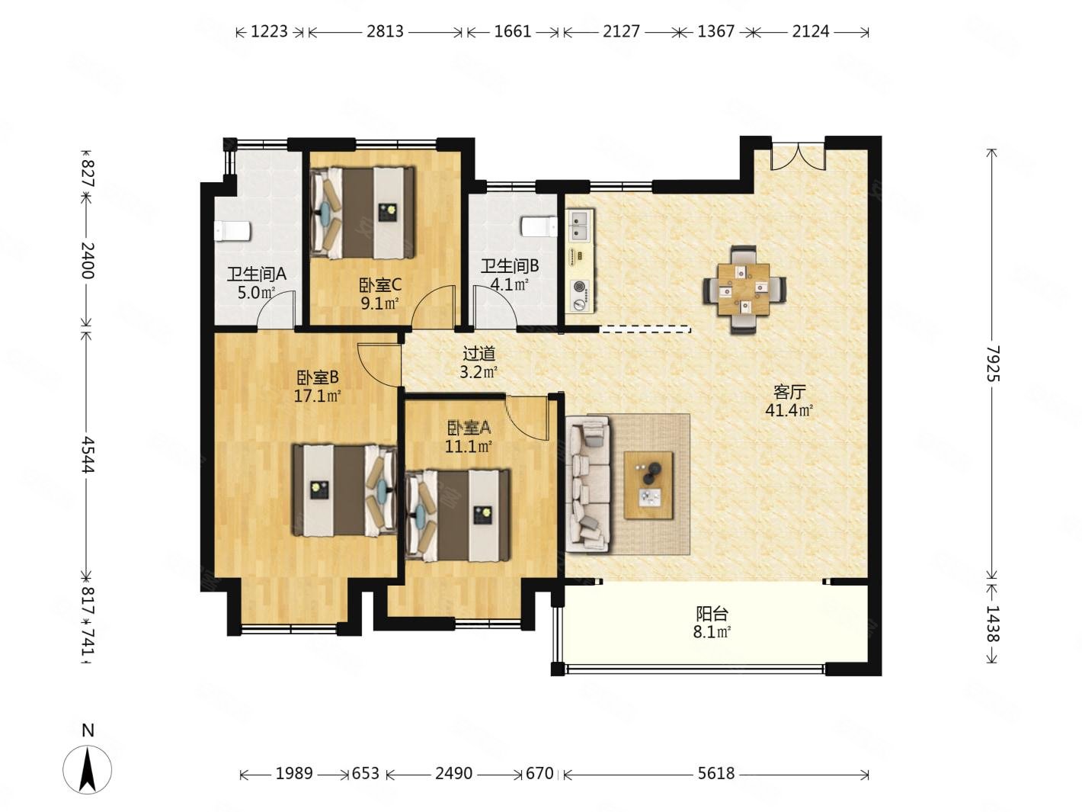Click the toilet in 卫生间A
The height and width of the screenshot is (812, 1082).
tap(232, 231)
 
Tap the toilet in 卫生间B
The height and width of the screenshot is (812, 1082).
tap(539, 226)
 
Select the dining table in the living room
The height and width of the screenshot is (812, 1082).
tap(743, 289)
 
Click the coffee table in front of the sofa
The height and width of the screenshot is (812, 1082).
tap(648, 485)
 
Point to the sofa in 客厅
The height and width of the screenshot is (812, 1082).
tap(587, 483)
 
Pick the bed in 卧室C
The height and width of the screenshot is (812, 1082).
tap(363, 213)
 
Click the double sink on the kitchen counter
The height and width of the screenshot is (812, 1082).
tap(580, 226)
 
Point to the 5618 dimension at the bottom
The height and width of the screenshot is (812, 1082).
tap(715, 773)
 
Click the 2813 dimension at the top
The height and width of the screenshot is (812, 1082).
tap(385, 31)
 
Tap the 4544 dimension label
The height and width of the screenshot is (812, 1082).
tap(87, 454)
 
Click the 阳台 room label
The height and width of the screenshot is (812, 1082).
tap(712, 614)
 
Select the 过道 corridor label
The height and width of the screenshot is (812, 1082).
tap(479, 353)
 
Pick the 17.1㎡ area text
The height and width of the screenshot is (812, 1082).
tap(318, 396)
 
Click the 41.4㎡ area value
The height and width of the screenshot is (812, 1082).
tap(789, 409)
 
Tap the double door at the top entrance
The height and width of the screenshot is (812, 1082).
tap(798, 157)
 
